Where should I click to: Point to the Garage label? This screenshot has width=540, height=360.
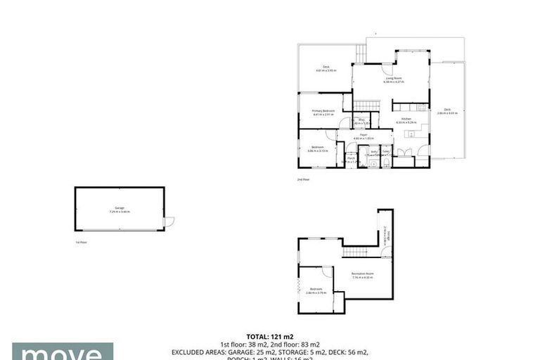pyautogui.click(x=120, y=209)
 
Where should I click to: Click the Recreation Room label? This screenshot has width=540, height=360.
pyautogui.click(x=363, y=274)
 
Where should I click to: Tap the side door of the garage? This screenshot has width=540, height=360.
pyautogui.click(x=169, y=222)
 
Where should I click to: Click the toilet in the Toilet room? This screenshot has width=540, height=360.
pyautogui.click(x=387, y=162)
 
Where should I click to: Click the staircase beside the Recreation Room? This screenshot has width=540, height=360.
pyautogui.click(x=355, y=252)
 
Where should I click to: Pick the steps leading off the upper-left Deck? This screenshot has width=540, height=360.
pyautogui.click(x=361, y=53)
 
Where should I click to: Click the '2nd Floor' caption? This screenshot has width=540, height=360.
pyautogui.click(x=303, y=180)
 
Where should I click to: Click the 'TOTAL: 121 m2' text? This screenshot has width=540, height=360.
pyautogui.click(x=270, y=337)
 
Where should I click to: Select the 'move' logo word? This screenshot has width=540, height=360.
pyautogui.click(x=62, y=352)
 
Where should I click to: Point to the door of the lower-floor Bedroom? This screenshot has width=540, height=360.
pyautogui.click(x=326, y=270)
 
